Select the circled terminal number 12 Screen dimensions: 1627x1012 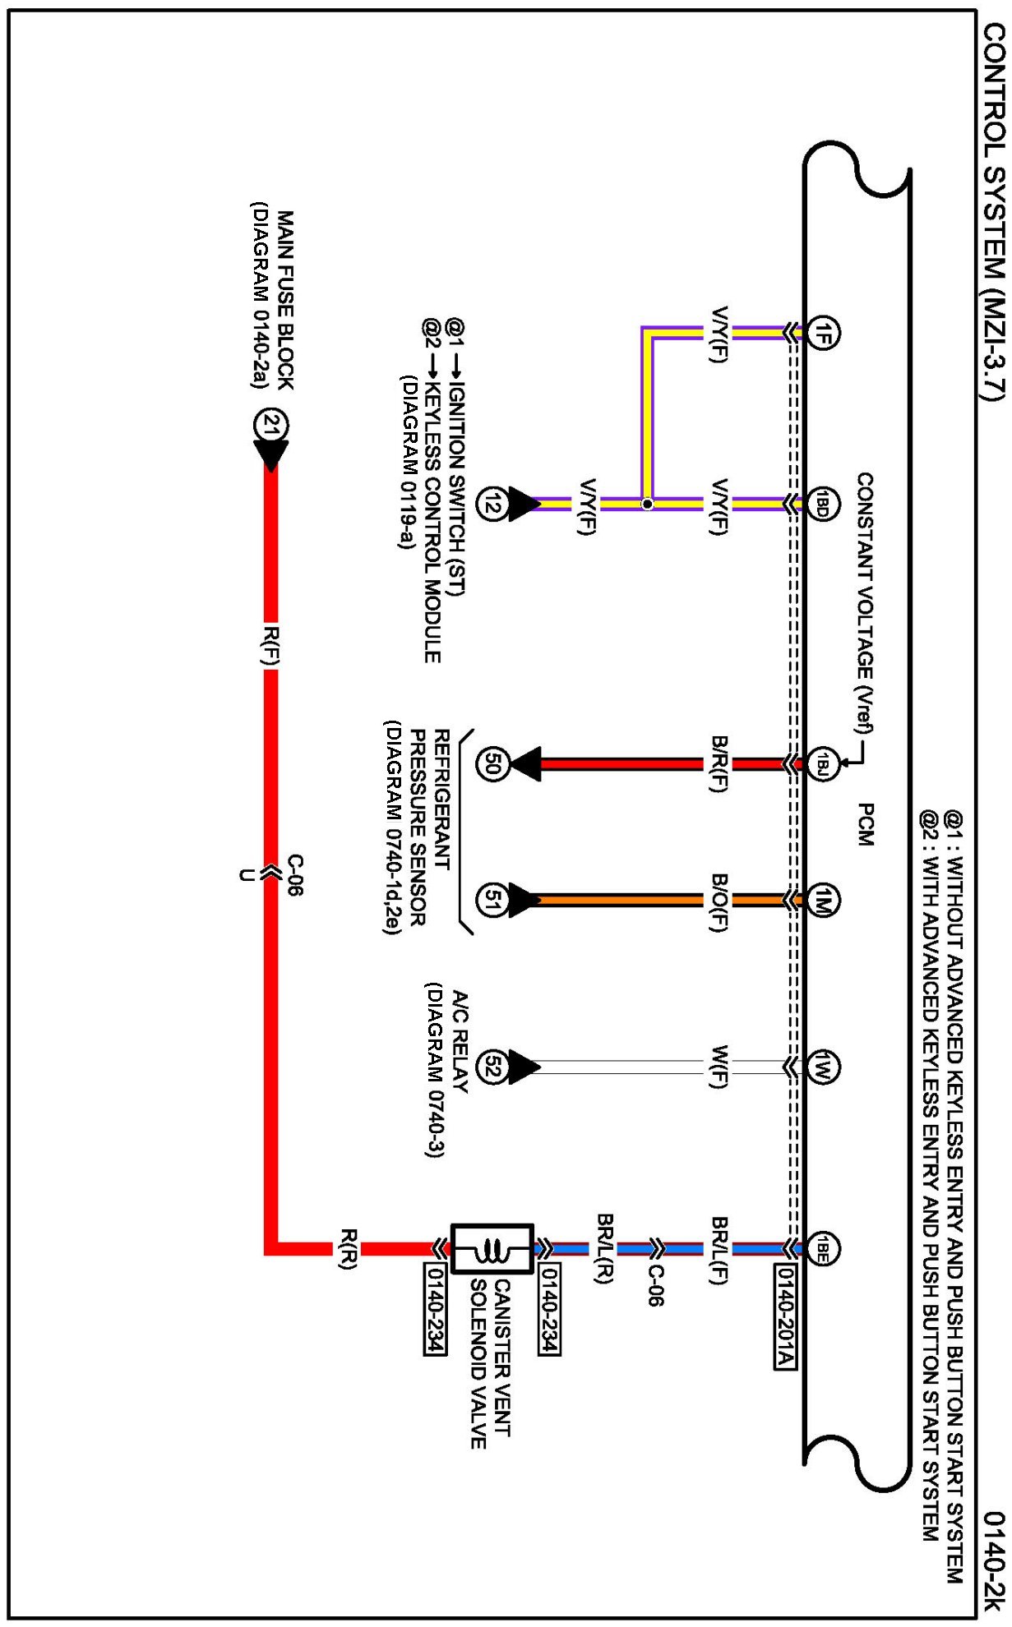(x=492, y=504)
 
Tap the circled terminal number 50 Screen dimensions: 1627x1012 (x=492, y=764)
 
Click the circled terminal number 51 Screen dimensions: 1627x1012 (x=492, y=901)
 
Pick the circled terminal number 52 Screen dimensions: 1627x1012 (x=492, y=1067)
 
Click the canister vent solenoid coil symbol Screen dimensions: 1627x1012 (x=492, y=1250)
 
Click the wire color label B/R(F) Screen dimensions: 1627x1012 (x=719, y=763)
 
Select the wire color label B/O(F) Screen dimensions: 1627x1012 (x=719, y=901)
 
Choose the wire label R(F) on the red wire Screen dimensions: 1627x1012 (x=270, y=645)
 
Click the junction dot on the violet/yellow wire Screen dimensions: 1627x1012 (x=647, y=504)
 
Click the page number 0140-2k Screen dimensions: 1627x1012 (x=994, y=1561)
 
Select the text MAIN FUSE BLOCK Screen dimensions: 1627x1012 (x=284, y=300)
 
